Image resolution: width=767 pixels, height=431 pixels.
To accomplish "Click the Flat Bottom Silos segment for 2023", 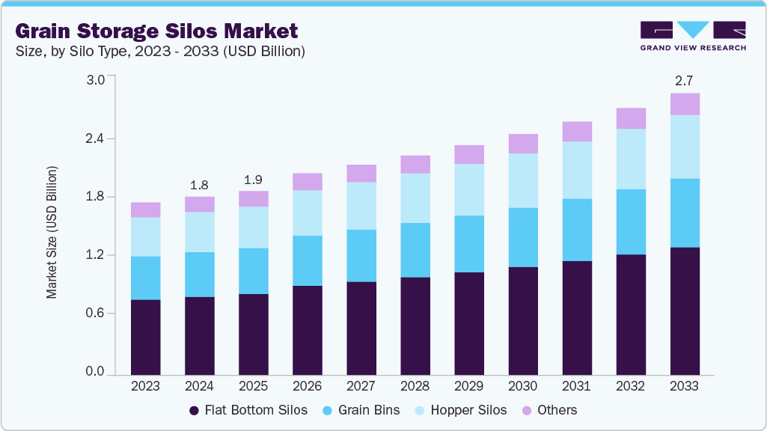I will [145, 337].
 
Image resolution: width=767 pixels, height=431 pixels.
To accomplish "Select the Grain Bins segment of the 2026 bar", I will [308, 260].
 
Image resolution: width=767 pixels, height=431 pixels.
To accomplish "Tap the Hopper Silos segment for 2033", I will [685, 147].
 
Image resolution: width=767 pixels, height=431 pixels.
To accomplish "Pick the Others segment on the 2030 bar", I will [523, 144].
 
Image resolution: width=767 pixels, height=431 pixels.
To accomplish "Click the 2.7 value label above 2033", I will [685, 80].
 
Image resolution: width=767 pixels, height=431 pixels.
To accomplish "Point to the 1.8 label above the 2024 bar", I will [199, 184].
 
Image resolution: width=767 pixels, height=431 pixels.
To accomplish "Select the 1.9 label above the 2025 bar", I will [253, 179].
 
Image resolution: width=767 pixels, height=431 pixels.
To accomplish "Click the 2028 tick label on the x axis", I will [415, 386].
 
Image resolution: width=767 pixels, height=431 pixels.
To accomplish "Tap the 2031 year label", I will [577, 386].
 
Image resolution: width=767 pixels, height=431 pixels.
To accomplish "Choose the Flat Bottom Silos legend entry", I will [248, 410].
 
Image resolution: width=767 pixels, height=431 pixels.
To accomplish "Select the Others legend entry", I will [549, 410].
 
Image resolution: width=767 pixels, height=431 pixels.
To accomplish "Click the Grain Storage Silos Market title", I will [156, 31].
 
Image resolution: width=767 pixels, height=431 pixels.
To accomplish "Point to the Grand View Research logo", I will [692, 35].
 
